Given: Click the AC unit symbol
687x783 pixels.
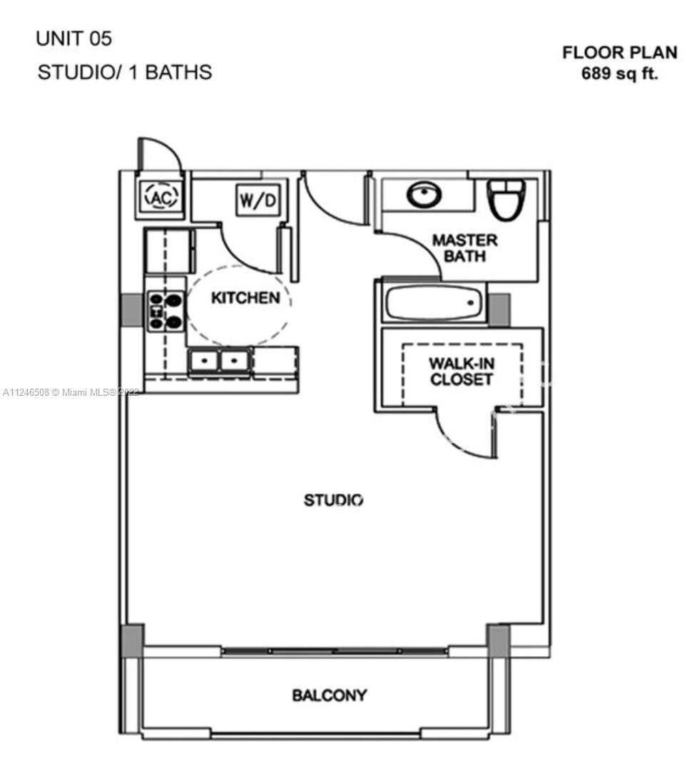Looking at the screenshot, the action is [161, 197].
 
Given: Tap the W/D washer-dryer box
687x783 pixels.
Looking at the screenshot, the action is [258, 200].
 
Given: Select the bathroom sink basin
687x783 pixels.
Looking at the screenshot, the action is [424, 194].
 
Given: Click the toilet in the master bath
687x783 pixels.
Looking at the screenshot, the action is [506, 200].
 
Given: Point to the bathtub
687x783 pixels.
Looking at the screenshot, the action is [434, 302].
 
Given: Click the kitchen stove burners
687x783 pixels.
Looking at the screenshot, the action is [166, 311].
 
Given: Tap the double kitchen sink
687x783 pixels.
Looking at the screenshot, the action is [219, 361].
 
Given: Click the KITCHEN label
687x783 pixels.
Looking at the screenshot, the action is [245, 298].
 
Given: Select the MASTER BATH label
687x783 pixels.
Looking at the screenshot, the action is [464, 248].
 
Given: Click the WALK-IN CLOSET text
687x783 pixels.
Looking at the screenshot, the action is [462, 371].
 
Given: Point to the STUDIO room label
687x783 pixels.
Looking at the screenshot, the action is [333, 500].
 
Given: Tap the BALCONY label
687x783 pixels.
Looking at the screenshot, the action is [330, 695].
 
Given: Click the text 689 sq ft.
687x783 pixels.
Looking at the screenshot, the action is [619, 73].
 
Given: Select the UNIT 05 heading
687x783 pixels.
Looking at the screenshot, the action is [74, 39].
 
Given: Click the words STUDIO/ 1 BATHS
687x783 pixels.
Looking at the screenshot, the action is [125, 73].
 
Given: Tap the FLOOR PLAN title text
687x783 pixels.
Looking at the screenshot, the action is [619, 53].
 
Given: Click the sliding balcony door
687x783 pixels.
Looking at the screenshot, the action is [335, 651].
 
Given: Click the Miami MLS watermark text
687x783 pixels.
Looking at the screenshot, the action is [71, 392].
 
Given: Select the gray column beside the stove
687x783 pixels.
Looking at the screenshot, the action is [132, 309].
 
